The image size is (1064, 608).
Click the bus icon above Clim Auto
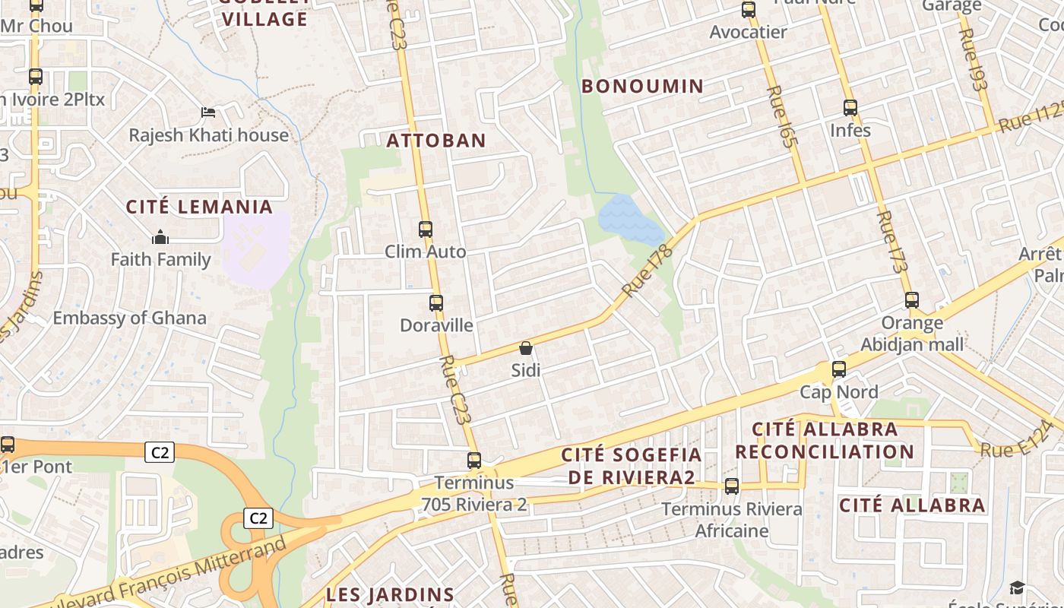(426, 229)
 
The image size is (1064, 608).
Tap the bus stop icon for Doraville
(436, 303)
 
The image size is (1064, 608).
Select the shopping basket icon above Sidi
(525, 348)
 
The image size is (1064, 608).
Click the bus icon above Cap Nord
(839, 369)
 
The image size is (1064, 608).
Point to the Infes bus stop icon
(850, 108)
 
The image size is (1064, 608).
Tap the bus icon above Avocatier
(749, 10)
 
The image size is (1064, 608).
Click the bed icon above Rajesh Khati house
(208, 113)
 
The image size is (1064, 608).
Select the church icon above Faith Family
(160, 237)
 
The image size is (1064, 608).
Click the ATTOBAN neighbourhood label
(436, 141)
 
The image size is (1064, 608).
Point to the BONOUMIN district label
(643, 87)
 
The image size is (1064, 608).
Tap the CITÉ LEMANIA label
(199, 207)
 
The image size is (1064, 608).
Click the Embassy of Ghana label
(129, 318)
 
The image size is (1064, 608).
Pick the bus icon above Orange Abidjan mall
(912, 300)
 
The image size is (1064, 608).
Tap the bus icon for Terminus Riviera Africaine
(732, 486)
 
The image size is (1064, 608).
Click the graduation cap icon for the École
(1017, 587)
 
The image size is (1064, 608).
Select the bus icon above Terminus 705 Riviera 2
(474, 461)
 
